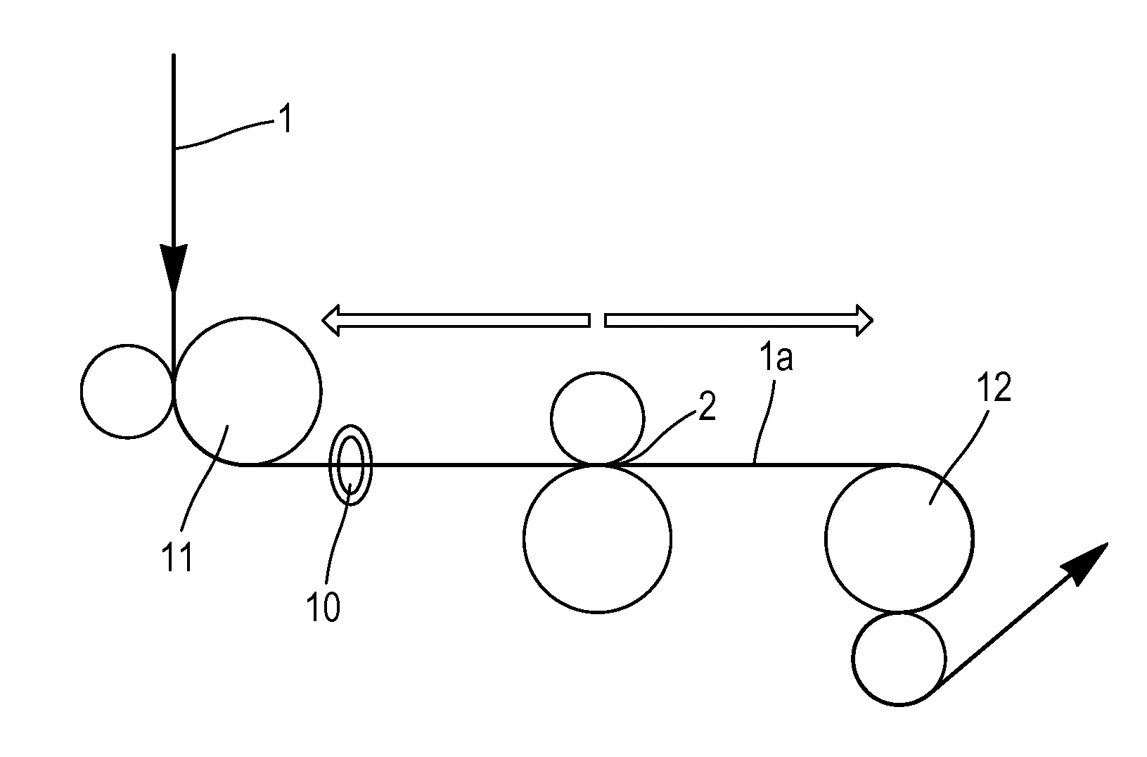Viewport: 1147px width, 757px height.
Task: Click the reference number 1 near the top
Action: click(284, 120)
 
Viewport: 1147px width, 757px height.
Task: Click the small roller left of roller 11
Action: click(127, 391)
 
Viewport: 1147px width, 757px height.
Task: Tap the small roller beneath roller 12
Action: click(899, 659)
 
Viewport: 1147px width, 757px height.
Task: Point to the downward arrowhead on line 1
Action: click(173, 267)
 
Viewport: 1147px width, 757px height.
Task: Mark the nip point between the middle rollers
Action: click(597, 465)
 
